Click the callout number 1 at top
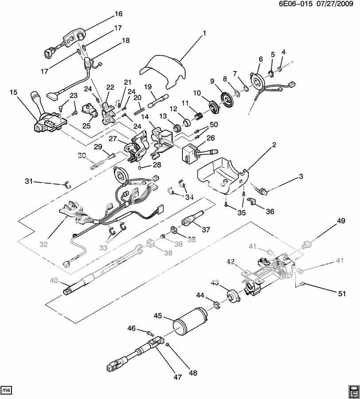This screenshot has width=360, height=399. [x=205, y=33]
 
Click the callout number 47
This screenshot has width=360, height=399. [x=178, y=377]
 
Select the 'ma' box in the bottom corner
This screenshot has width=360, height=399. [x=6, y=390]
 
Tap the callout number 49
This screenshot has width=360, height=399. [x=341, y=221]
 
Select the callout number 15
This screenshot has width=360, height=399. [x=13, y=92]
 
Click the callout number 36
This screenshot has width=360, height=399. [x=270, y=212]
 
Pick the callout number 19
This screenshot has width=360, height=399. [x=147, y=86]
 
